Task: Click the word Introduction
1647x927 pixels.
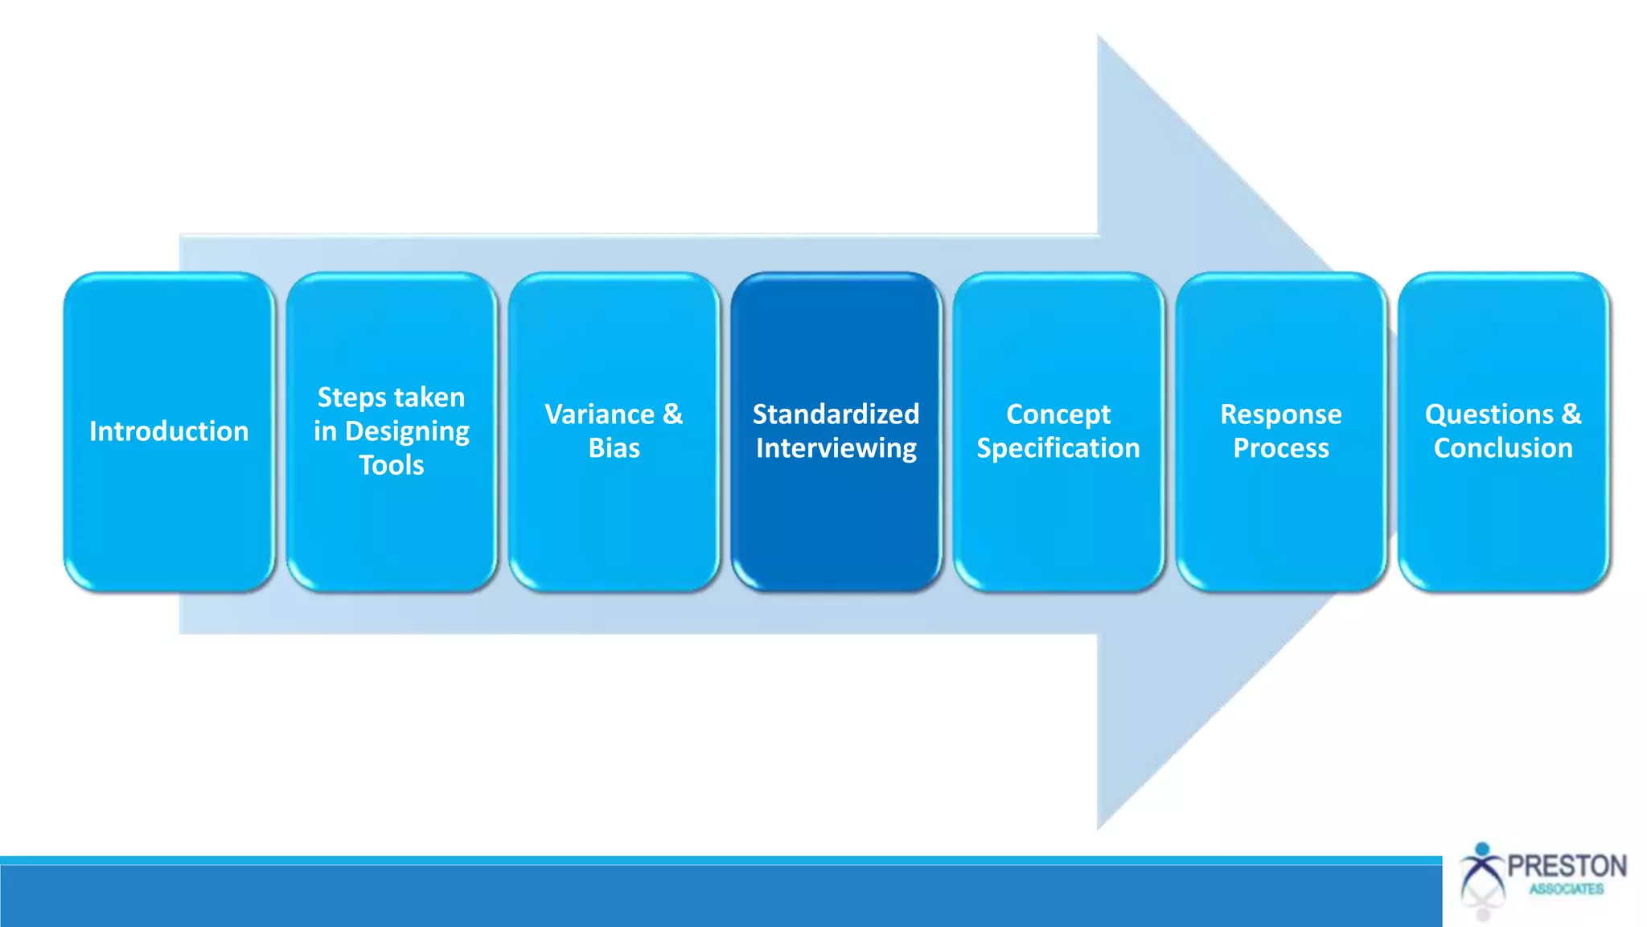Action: pyautogui.click(x=169, y=431)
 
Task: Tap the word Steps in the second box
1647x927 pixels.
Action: pyautogui.click(x=351, y=398)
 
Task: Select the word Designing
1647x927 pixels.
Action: pyautogui.click(x=407, y=432)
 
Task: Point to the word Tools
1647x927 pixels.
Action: pyautogui.click(x=391, y=465)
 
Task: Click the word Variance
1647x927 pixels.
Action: pyautogui.click(x=599, y=414)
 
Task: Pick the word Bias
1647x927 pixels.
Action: pyautogui.click(x=614, y=448)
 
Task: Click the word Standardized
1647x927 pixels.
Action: pyautogui.click(x=836, y=414)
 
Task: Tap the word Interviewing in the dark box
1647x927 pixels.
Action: pyautogui.click(x=836, y=448)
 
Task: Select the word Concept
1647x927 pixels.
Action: pyautogui.click(x=1058, y=414)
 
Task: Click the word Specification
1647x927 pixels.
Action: pyautogui.click(x=1058, y=448)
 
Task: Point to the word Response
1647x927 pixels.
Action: pyautogui.click(x=1280, y=414)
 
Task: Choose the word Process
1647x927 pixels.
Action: pyautogui.click(x=1280, y=448)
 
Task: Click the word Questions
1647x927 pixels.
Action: pyautogui.click(x=1489, y=414)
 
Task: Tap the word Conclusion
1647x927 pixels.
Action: pyautogui.click(x=1502, y=448)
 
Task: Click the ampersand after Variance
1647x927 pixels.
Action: pyautogui.click(x=673, y=414)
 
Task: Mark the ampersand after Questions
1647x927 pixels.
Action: pyautogui.click(x=1571, y=414)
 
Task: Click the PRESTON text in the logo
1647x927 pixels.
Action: pyautogui.click(x=1567, y=866)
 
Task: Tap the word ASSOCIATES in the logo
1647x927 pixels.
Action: pyautogui.click(x=1566, y=889)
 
